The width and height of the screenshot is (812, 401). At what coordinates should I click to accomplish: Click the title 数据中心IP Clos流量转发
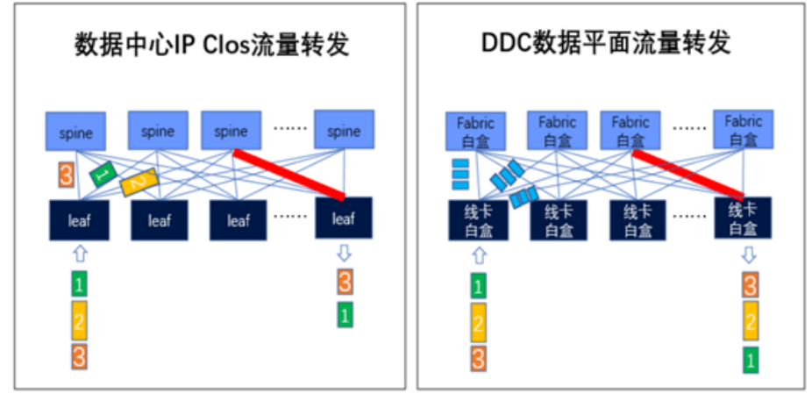210,45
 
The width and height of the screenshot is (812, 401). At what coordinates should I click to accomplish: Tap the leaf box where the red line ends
343,219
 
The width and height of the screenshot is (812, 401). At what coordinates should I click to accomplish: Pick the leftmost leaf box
79,219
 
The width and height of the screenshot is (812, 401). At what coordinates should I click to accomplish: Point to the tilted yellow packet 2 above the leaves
139,182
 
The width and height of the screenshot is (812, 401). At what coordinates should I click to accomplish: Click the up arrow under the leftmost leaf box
79,254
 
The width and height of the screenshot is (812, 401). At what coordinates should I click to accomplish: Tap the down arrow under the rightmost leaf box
344,254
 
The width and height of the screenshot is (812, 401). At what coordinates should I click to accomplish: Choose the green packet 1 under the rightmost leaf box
345,316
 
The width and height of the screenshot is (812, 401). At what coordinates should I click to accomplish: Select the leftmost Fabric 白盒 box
475,130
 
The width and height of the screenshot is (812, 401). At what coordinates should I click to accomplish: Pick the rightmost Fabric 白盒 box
743,130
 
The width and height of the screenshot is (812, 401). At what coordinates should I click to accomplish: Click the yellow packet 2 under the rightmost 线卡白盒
750,322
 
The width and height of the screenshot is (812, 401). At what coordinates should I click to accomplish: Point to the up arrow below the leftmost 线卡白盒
478,255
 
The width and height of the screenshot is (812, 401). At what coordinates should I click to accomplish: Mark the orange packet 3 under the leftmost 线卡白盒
478,358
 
